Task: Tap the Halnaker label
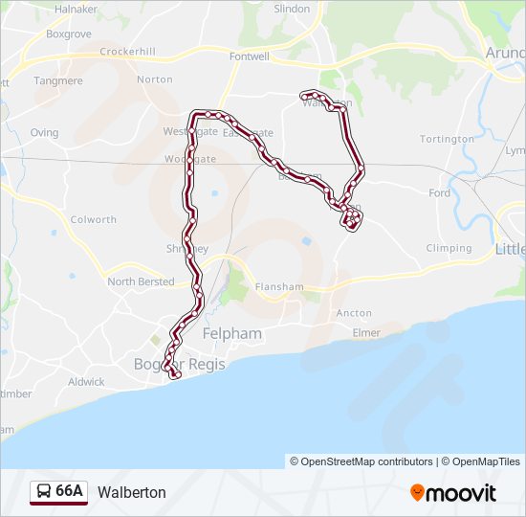tap(77, 9)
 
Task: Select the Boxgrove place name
tap(68, 33)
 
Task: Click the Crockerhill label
tap(127, 51)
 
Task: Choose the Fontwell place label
tap(250, 56)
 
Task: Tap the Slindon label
tap(292, 9)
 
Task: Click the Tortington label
tap(447, 139)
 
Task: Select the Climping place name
tap(449, 248)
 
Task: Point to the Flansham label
tap(279, 286)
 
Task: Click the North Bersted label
tap(141, 281)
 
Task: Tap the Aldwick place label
tap(86, 381)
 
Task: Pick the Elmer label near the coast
tap(366, 332)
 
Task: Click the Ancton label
tap(354, 313)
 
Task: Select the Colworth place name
tap(94, 219)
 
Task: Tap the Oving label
tap(44, 133)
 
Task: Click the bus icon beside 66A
tap(44, 491)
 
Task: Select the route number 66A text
tap(70, 491)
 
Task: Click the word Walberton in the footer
tap(132, 492)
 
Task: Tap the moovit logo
tap(453, 492)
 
